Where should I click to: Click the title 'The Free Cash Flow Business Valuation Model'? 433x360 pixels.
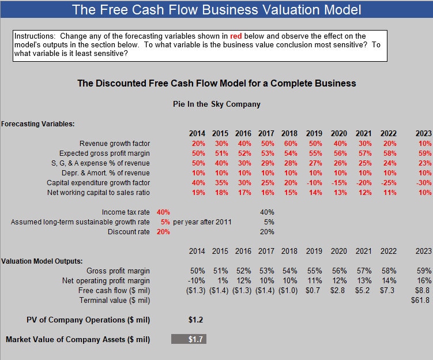tap(217, 10)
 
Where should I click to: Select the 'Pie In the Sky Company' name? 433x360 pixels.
tap(217, 104)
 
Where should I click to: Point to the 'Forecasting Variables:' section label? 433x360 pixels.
tap(38, 123)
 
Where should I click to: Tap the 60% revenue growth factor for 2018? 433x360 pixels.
tap(289, 144)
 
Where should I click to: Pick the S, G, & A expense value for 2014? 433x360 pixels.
tap(198, 163)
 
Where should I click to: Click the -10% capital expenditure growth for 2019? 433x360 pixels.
tap(314, 183)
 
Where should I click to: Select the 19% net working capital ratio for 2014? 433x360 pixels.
tap(198, 193)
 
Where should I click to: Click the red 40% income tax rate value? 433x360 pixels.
tap(163, 212)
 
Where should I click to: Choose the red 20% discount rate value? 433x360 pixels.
tap(163, 232)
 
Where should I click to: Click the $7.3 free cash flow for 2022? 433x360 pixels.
tap(388, 291)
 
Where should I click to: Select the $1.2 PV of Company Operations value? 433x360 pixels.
tap(195, 320)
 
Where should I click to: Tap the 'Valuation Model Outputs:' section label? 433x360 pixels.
tap(42, 261)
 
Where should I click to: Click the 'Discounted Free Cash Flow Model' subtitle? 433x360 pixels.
tap(217, 83)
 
